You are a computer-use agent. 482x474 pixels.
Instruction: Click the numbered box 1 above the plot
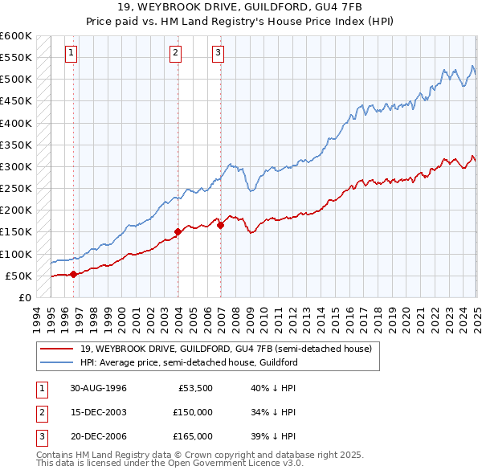[x=71, y=54]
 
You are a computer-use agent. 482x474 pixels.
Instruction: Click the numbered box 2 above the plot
[x=175, y=54]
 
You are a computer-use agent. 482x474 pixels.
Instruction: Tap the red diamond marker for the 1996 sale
[x=73, y=274]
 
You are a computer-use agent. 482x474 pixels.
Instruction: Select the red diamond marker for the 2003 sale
[x=178, y=232]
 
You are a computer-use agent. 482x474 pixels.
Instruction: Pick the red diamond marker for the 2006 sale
[x=220, y=226]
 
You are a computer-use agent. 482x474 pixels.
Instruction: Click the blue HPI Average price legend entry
[x=189, y=362]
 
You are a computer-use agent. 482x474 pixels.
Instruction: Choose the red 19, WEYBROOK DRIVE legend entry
[x=225, y=349]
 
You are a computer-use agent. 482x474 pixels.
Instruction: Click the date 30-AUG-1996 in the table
[x=98, y=389]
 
